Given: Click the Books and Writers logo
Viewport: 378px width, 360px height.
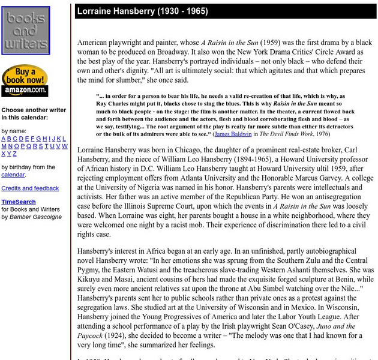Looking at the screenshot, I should [25, 31].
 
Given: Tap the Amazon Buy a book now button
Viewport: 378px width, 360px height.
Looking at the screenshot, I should [25, 80].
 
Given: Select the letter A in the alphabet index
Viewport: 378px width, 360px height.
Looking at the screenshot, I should [4, 139].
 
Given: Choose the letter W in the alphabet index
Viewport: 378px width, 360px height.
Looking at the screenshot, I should [64, 146].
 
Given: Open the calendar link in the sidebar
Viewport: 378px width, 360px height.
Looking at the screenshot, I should [13, 175].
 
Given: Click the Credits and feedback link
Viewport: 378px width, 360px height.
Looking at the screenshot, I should [30, 188].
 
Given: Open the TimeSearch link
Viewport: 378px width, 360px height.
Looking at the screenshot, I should [18, 202].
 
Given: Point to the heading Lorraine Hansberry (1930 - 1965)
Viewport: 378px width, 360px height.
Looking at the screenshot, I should [137, 11].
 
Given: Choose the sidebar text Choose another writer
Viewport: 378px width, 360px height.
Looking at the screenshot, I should [34, 110].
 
